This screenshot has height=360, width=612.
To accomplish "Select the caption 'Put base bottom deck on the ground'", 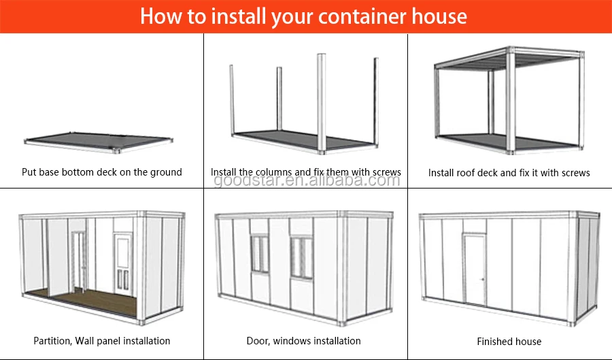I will pos(102,172).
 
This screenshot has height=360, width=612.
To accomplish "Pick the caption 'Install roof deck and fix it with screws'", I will pos(509,173).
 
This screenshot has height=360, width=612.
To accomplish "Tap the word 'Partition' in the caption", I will pos(53,340).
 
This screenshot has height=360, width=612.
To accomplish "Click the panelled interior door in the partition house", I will pos(123,262).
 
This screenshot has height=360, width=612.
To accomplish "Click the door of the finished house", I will pos(475,269).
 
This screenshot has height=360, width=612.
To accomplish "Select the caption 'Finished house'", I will pos(509,341).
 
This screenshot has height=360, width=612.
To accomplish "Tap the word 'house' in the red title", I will pos(441,16).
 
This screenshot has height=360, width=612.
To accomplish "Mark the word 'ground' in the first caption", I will pos(166,172).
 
